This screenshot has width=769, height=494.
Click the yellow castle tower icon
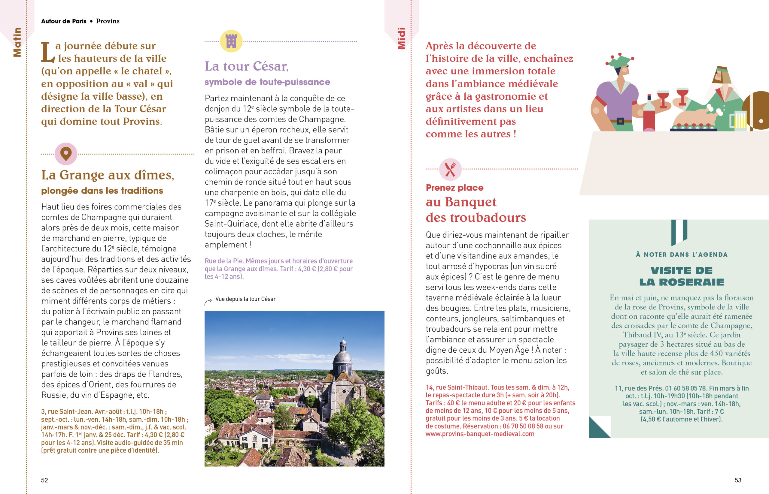231,41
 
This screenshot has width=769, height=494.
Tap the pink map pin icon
66,154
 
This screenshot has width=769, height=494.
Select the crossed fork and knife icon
450,169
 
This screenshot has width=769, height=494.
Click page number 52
44,480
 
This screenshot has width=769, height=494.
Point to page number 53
738,480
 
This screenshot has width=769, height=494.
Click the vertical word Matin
17,42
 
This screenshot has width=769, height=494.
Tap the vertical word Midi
401,38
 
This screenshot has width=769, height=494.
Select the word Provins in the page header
108,21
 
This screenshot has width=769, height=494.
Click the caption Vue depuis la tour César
245,299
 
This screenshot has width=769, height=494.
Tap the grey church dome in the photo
343,358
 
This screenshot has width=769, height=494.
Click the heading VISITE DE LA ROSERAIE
681,276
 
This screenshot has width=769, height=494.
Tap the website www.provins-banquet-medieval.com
480,434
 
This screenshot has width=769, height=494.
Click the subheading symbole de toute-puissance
267,82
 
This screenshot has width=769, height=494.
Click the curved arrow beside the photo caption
208,302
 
